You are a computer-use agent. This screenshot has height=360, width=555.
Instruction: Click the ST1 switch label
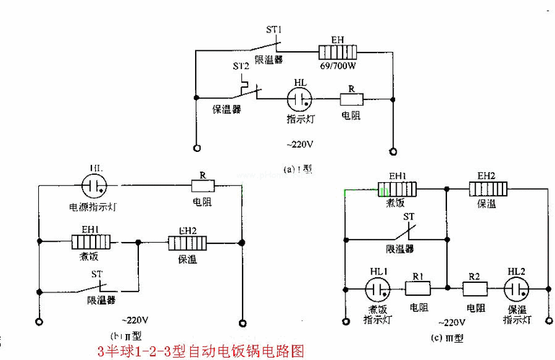point(274,30)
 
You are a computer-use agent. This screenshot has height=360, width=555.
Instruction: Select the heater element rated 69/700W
point(339,52)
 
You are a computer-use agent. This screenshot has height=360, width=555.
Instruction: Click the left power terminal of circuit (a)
point(196,150)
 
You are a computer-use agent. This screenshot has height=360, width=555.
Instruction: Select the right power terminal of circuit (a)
point(392,151)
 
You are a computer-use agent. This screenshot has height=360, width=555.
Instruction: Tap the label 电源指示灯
point(94,207)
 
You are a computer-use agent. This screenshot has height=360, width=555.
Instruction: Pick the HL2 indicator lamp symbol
point(515,289)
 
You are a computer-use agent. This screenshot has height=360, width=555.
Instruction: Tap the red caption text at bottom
point(201,351)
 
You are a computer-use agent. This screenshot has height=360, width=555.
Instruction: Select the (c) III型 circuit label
point(446,338)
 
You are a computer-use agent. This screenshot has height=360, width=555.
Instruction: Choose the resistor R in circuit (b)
point(202,186)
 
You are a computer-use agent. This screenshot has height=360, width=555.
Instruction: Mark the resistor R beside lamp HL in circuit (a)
point(351,99)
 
